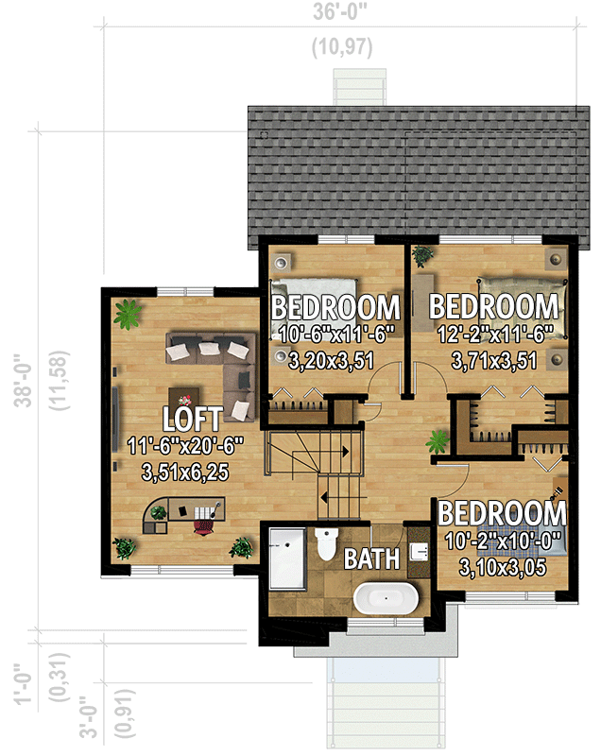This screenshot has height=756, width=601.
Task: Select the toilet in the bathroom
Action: click(327, 544)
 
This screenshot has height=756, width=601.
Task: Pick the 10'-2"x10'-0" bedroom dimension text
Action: click(503, 542)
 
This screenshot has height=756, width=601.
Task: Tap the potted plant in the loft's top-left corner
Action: click(126, 314)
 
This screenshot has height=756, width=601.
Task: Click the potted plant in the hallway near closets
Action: click(438, 441)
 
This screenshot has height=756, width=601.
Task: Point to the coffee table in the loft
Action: click(185, 395)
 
